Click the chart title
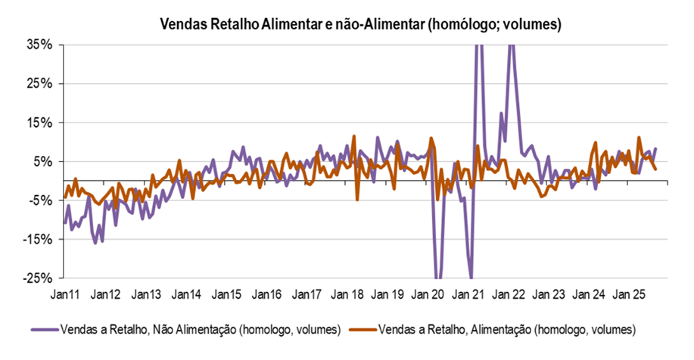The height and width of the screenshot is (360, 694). (360, 25)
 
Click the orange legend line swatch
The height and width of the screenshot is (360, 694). (361, 330)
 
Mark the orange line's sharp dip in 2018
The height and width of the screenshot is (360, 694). (357, 199)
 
